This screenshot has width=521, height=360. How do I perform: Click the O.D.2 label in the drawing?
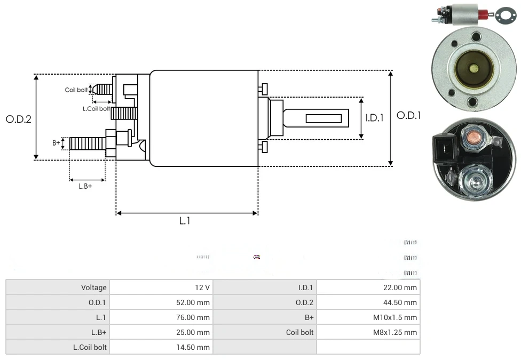(19, 119)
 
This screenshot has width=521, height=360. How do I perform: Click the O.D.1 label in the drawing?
(409, 115)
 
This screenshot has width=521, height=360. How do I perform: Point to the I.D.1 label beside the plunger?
(374, 118)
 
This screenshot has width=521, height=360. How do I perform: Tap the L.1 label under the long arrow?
(184, 221)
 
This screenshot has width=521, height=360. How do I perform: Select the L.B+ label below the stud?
(85, 186)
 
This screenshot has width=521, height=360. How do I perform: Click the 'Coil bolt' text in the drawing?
(76, 90)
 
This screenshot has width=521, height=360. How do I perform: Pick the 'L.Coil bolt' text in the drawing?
(96, 109)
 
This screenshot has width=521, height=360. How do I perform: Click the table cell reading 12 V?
(202, 287)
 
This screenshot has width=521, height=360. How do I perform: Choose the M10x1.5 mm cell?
(395, 317)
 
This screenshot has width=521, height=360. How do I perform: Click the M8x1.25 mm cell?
(395, 332)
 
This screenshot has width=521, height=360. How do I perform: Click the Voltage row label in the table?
(94, 287)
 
